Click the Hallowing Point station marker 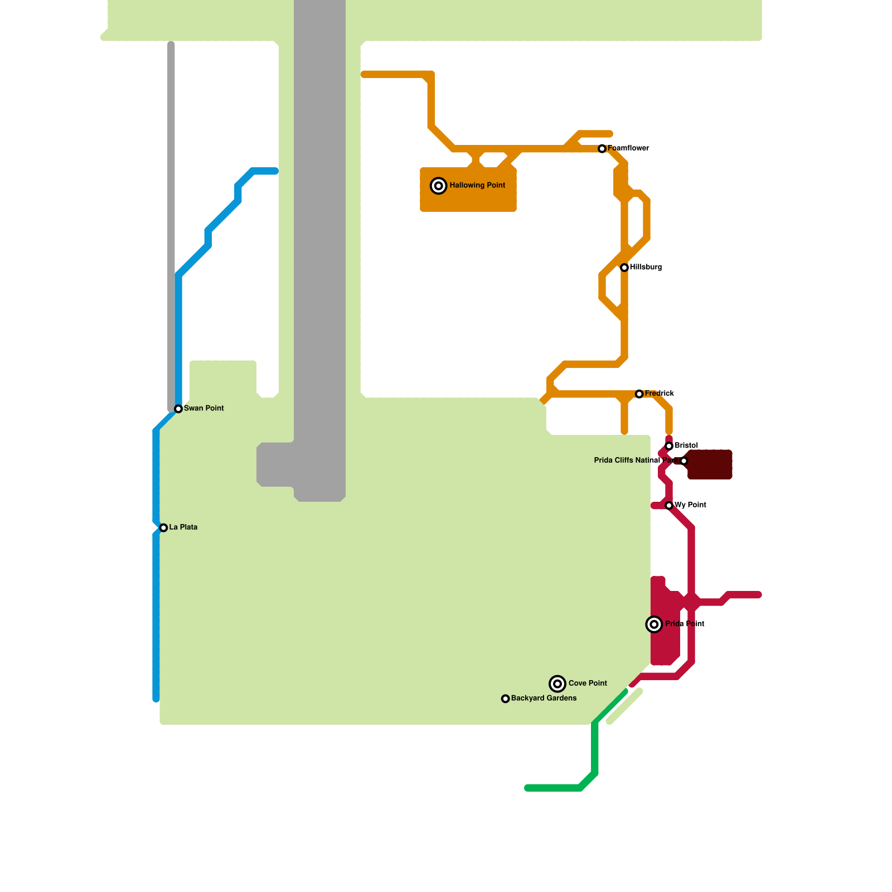tap(439, 186)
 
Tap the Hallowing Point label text tap(477, 186)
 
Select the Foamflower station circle tap(602, 149)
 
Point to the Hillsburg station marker tap(624, 268)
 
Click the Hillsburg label tap(646, 268)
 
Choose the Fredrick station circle tap(639, 394)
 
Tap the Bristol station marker tap(669, 446)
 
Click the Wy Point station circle tap(669, 506)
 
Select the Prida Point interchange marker tap(654, 624)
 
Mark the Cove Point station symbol tap(557, 683)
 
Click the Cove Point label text tap(588, 683)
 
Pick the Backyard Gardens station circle tap(506, 699)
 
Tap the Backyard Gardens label tap(544, 699)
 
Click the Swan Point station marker tap(178, 409)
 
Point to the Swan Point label tap(203, 409)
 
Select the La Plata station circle tap(163, 528)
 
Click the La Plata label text tap(183, 527)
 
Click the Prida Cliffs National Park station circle tap(684, 461)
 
